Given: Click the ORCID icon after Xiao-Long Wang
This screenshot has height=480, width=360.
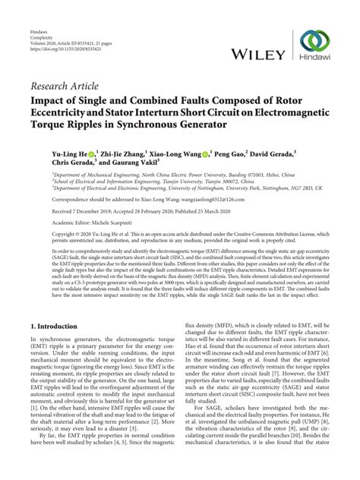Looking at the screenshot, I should pos(206,153).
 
